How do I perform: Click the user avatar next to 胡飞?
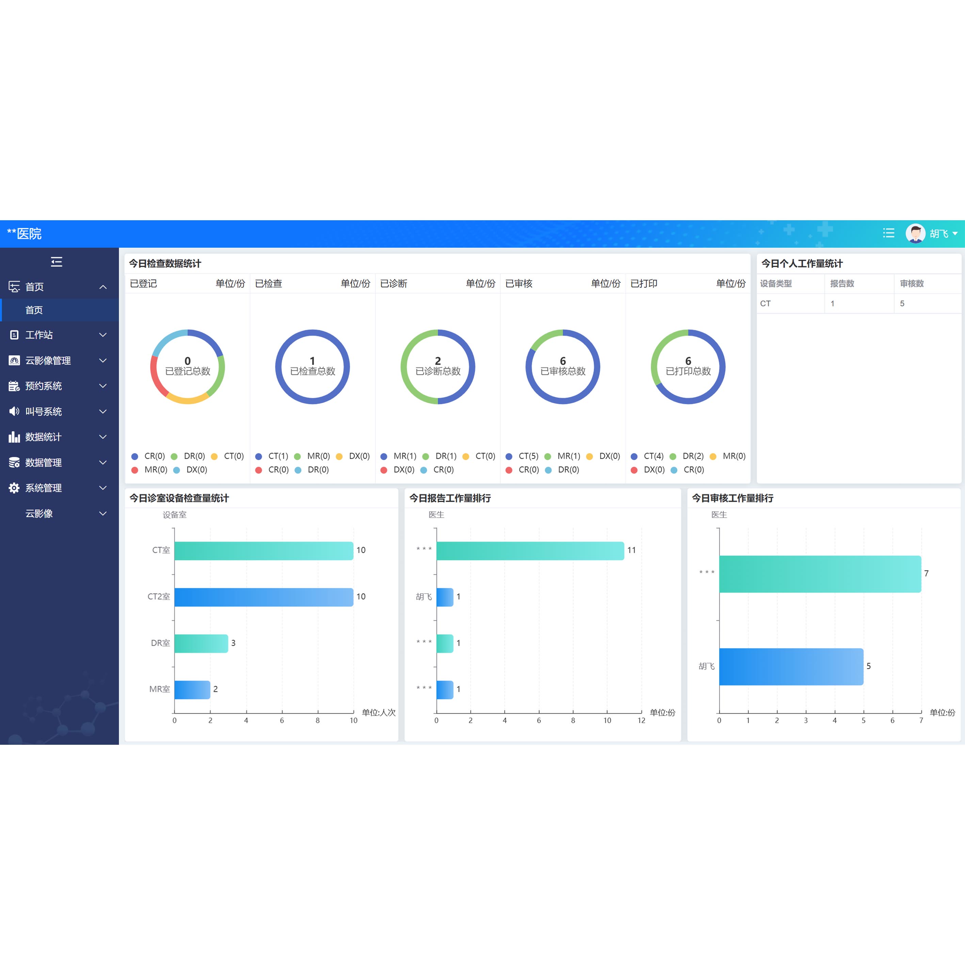[x=915, y=233]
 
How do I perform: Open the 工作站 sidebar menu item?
[x=39, y=335]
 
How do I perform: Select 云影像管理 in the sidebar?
[x=48, y=360]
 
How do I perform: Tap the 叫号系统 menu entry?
[x=44, y=412]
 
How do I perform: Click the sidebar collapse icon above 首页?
[x=57, y=262]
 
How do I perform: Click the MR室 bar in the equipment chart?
[x=192, y=690]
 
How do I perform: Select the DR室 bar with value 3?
[x=201, y=643]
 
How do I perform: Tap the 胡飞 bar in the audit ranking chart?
[x=791, y=666]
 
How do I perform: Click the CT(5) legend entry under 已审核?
[x=528, y=456]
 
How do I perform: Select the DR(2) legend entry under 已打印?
[x=692, y=456]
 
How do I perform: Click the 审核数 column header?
[x=912, y=284]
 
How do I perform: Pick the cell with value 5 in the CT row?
[x=902, y=304]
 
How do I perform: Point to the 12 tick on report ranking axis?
[x=641, y=720]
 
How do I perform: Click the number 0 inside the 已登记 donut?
[x=187, y=360]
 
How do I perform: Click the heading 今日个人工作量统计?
[x=802, y=263]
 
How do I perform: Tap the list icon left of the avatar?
[x=888, y=233]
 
